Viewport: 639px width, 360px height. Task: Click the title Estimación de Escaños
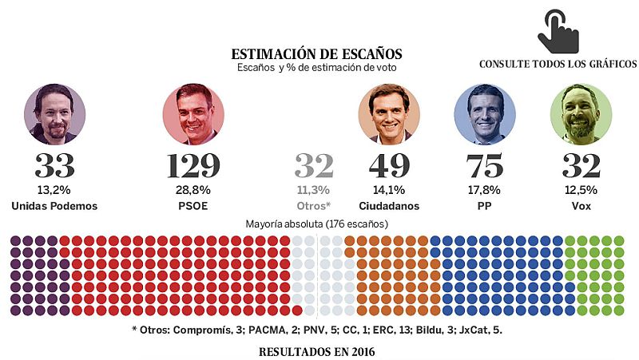(x=317, y=54)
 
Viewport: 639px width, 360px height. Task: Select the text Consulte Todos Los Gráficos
(x=558, y=65)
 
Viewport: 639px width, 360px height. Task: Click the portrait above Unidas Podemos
(x=54, y=113)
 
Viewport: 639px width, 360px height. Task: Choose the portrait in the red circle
(x=193, y=113)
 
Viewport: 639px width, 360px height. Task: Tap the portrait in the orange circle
(x=389, y=113)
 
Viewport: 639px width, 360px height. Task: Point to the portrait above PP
(x=484, y=113)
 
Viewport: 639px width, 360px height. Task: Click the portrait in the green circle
(x=581, y=113)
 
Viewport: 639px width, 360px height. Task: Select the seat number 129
(x=193, y=166)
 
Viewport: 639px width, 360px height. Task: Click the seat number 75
(x=484, y=166)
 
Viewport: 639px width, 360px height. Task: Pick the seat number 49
(x=389, y=166)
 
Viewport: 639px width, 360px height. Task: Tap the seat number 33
(x=54, y=166)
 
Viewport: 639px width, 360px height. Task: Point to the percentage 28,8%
(x=193, y=191)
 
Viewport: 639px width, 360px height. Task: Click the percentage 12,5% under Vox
(x=581, y=191)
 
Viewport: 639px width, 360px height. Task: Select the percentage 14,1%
(x=389, y=191)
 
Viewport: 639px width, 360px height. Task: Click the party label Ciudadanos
(x=389, y=206)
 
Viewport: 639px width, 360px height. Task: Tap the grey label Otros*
(x=313, y=206)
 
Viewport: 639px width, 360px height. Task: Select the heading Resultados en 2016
(x=317, y=351)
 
